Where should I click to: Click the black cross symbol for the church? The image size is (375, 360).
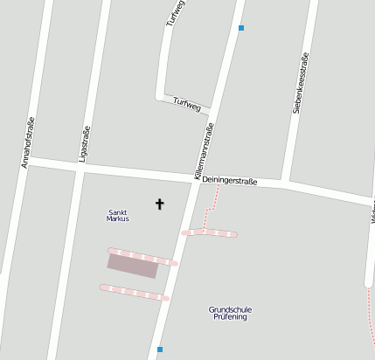tap(159, 204)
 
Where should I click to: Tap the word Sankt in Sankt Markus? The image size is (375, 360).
tap(118, 212)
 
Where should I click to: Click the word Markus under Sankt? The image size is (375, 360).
tap(118, 219)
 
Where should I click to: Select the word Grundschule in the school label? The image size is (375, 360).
tap(231, 309)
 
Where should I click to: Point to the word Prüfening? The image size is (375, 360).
tap(231, 317)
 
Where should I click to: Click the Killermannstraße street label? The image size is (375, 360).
tap(204, 152)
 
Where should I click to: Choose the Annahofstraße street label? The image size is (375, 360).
tap(27, 142)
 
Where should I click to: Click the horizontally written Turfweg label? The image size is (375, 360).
tap(187, 104)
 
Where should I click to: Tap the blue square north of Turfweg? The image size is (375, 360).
tap(241, 28)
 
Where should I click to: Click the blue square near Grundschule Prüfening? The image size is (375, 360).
tap(160, 350)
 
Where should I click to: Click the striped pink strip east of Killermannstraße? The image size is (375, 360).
tap(209, 233)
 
